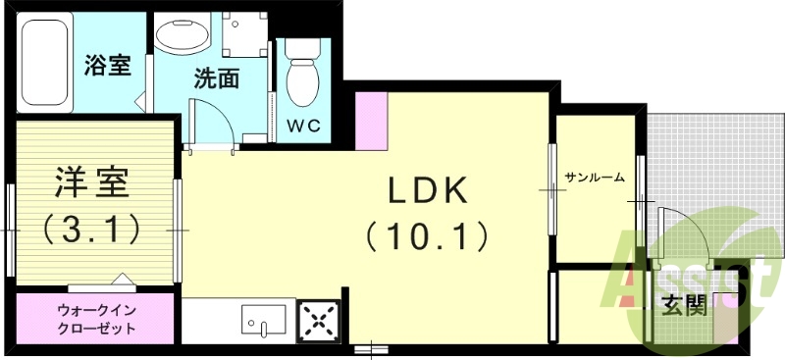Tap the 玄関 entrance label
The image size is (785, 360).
pos(684,307)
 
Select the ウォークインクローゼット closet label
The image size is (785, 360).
pos(96,319)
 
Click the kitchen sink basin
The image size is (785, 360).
pos(263,320)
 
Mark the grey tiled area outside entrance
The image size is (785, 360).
pos(707,157)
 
